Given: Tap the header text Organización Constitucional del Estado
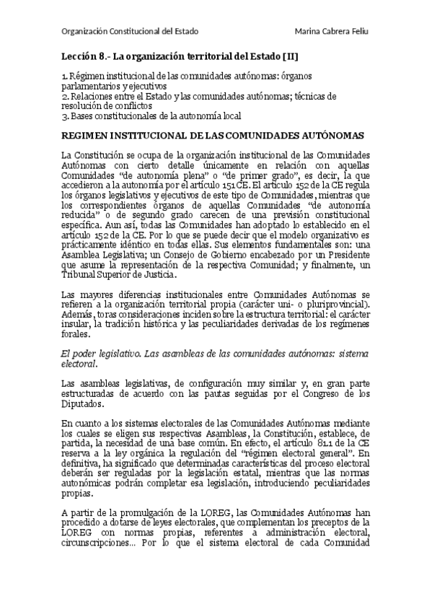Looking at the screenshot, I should pyautogui.click(x=130, y=32).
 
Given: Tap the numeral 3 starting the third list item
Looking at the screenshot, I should pyautogui.click(x=65, y=115).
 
